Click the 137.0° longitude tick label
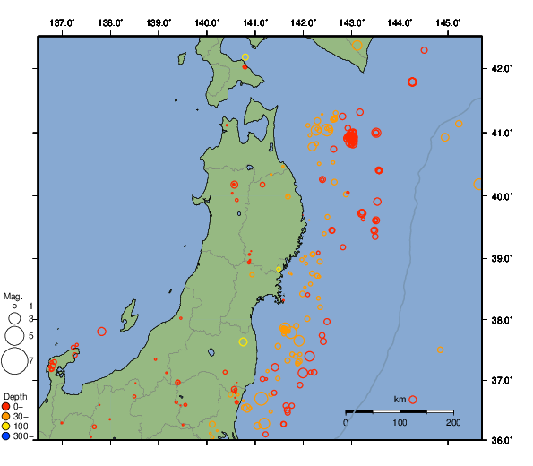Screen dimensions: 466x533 (x=62, y=22)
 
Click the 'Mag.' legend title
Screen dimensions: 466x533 (x=13, y=296)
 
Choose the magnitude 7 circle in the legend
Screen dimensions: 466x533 (x=14, y=361)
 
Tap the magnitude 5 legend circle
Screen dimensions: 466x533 (x=14, y=336)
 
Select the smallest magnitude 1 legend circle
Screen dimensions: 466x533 (x=14, y=306)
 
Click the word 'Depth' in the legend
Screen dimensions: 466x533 (x=14, y=396)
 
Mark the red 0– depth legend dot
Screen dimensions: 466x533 (x=6, y=407)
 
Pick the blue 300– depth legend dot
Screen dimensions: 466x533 (x=6, y=436)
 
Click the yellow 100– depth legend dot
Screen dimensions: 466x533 (x=6, y=427)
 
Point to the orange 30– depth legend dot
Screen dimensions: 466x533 (x=6, y=417)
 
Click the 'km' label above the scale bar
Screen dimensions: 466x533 (x=400, y=399)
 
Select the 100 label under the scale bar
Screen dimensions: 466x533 (x=400, y=422)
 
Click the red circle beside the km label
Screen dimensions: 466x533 (x=413, y=400)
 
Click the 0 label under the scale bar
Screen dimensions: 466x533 (x=346, y=422)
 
